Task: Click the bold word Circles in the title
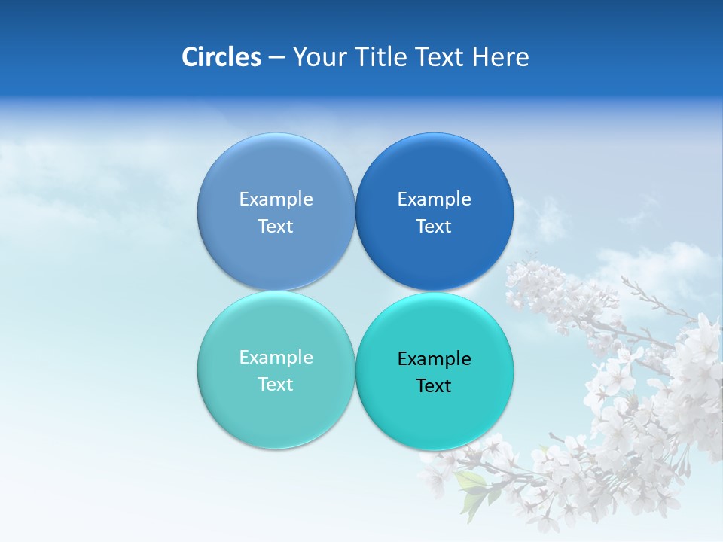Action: [x=221, y=57]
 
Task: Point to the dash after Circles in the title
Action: [x=276, y=58]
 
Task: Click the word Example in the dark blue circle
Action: [x=435, y=199]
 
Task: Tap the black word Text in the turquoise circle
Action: [x=434, y=385]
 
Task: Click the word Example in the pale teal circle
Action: [x=276, y=357]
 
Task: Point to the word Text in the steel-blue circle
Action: [x=276, y=226]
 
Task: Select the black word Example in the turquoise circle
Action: [x=435, y=358]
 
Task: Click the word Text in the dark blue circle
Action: [x=434, y=226]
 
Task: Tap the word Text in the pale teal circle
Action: [x=276, y=384]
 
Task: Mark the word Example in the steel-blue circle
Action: [x=276, y=199]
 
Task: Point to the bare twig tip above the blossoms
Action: [x=625, y=280]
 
